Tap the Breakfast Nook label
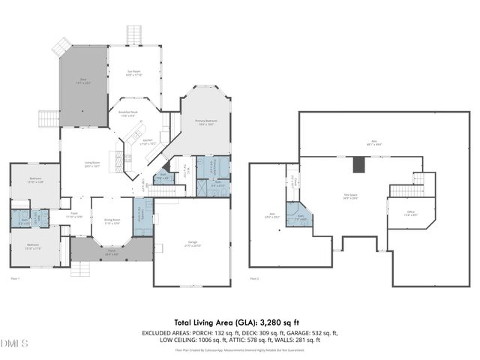coord(128,112)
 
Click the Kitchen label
coord(148,141)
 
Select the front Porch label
coord(111,253)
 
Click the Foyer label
coord(75,214)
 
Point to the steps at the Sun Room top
coord(133,34)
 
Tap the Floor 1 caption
coord(14,278)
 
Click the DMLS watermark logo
coord(13,343)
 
